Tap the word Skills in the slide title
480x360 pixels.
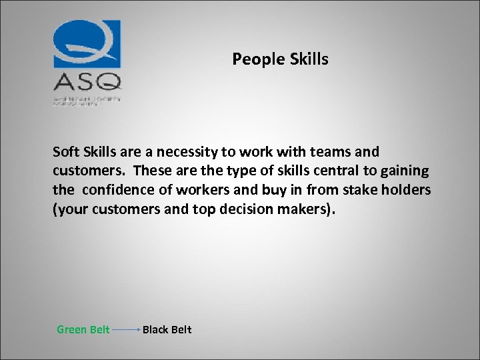(x=309, y=59)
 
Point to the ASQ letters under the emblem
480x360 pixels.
(x=87, y=82)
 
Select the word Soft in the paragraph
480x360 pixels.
(x=67, y=152)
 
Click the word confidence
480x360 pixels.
(x=118, y=191)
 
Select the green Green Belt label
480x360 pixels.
(x=83, y=329)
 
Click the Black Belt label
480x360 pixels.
(x=167, y=329)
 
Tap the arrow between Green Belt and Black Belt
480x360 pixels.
(x=126, y=330)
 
